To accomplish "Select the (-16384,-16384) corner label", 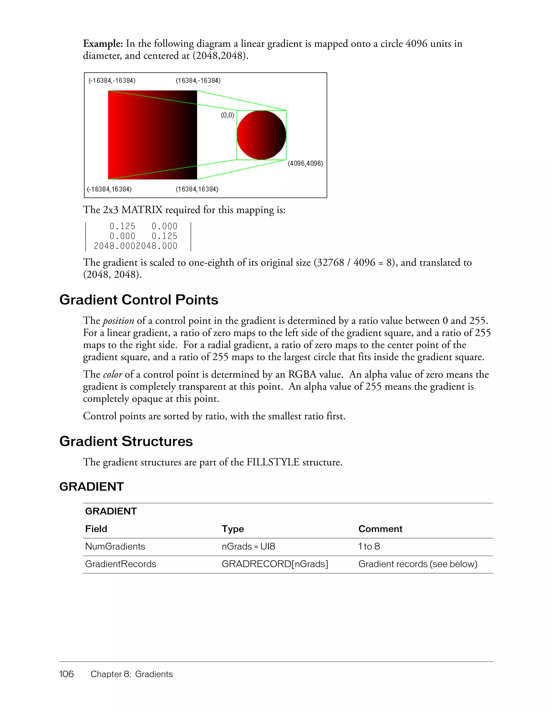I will tap(112, 80).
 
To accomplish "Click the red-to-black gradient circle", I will tap(261, 135).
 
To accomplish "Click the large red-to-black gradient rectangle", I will tap(152, 135).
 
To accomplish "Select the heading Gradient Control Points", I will tap(139, 300).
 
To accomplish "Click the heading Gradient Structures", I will tap(126, 442).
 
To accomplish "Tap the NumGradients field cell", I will tap(115, 546).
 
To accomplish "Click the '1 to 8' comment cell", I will tap(369, 546).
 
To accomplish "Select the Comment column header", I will tap(380, 529).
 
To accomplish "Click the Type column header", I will tap(233, 529).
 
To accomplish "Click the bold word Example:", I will tap(103, 44).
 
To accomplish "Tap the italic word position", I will tap(119, 321).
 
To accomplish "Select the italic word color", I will tap(112, 375).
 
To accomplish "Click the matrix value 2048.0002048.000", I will tap(135, 246).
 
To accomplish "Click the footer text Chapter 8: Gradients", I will tap(131, 674).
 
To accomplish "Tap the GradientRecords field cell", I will tap(120, 564).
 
